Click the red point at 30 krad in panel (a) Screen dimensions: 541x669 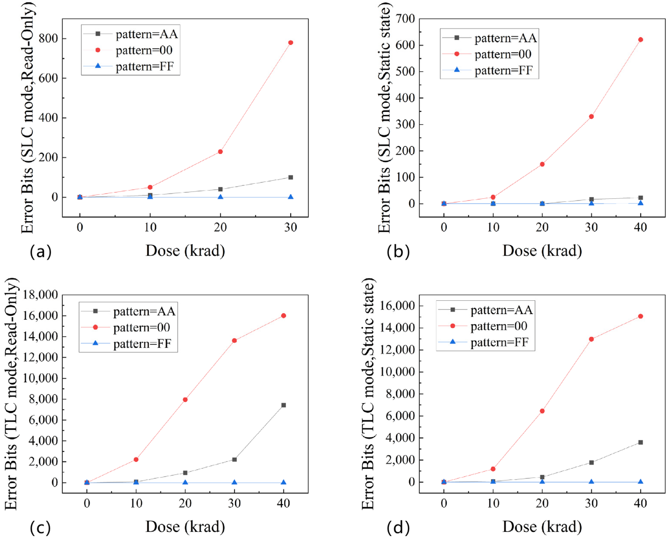pyautogui.click(x=290, y=43)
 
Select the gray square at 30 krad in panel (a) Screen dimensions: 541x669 pyautogui.click(x=290, y=177)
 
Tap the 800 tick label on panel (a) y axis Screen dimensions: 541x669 pyautogui.click(x=48, y=38)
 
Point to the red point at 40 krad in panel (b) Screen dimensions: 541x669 pyautogui.click(x=640, y=40)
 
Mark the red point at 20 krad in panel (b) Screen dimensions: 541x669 pyautogui.click(x=542, y=164)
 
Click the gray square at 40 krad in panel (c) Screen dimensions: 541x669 pyautogui.click(x=283, y=405)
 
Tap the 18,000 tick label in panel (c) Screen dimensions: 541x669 pyautogui.click(x=40, y=294)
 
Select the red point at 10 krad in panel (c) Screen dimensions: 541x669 pyautogui.click(x=136, y=459)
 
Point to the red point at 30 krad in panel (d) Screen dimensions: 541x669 pyautogui.click(x=591, y=339)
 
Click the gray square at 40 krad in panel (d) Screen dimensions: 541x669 pyautogui.click(x=640, y=442)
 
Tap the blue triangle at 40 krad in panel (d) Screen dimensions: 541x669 pyautogui.click(x=640, y=481)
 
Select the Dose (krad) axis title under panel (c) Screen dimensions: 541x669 pyautogui.click(x=185, y=527)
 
